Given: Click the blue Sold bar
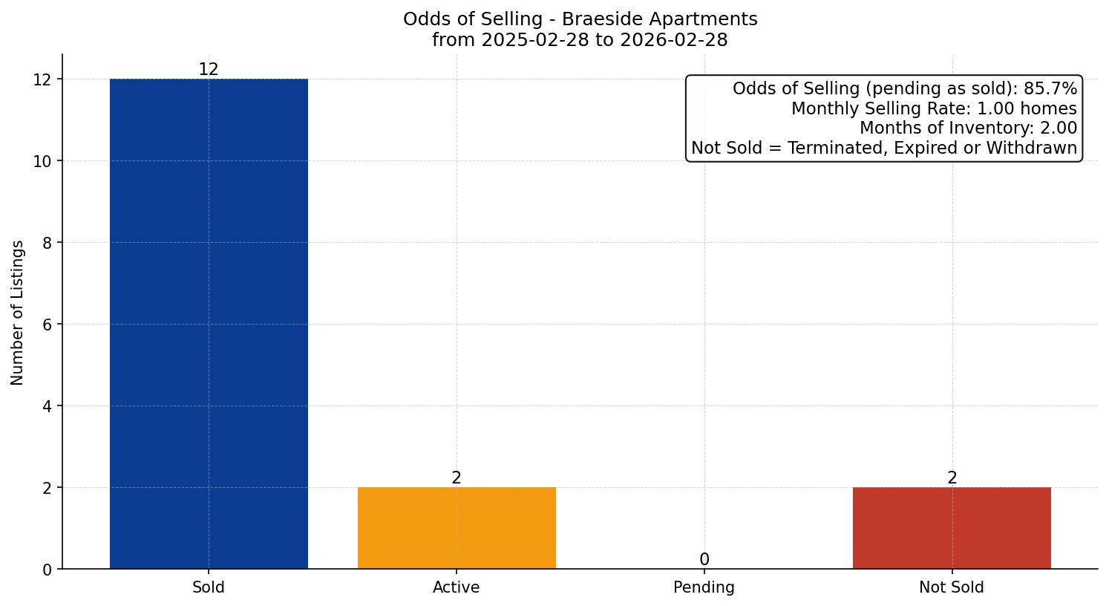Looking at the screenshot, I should [209, 324].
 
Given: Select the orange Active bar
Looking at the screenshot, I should [457, 528].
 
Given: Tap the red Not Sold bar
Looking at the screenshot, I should [952, 528].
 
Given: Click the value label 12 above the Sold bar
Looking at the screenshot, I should [209, 70].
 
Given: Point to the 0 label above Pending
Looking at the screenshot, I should [704, 560].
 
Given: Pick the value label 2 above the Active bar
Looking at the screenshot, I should [457, 478].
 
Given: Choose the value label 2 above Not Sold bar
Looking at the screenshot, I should [952, 478].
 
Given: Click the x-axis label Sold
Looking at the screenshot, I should [209, 587].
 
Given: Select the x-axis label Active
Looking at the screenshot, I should [457, 587].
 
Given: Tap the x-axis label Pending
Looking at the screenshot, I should [704, 587].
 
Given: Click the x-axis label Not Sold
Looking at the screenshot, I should [952, 587].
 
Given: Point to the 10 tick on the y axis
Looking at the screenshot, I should [42, 161].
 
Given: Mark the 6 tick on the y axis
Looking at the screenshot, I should [47, 325].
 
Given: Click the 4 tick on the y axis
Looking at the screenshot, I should [47, 406].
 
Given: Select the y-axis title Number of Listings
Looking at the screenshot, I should [18, 313].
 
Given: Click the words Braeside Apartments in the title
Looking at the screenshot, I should [660, 19].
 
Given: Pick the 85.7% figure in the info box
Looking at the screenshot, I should [1050, 89].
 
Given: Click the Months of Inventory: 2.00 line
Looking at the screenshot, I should [968, 128].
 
